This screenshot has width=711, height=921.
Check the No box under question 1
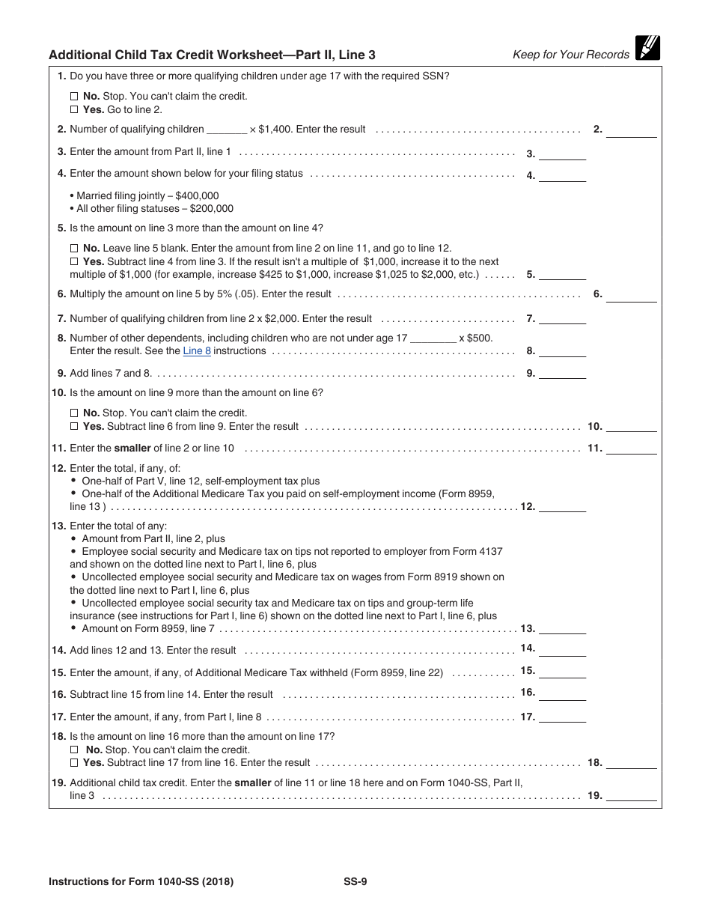pos(73,97)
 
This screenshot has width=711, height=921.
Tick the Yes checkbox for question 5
pos(73,261)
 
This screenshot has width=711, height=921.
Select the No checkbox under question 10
pos(73,413)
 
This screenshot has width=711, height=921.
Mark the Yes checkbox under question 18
pos(73,763)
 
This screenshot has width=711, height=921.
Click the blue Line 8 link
pos(197,350)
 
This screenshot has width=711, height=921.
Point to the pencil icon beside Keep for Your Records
pos(647,48)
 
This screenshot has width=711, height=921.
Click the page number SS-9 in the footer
pos(350,881)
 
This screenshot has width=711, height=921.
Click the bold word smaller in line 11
pos(132,449)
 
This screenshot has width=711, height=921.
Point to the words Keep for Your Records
pos(570,54)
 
